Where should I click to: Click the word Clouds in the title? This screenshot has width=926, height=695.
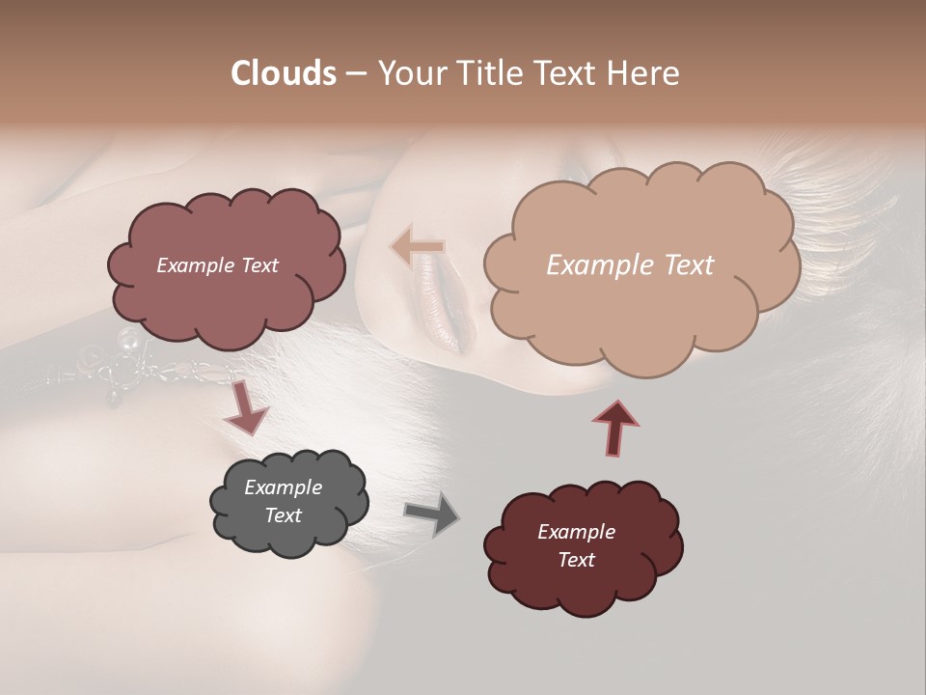pyautogui.click(x=284, y=73)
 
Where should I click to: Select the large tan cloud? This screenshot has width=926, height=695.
pyautogui.click(x=637, y=309)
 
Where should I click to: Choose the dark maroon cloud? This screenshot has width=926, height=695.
pyautogui.click(x=584, y=579)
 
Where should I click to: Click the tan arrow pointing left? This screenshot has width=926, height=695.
pyautogui.click(x=418, y=247)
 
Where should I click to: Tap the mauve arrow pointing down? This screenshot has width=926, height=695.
pyautogui.click(x=245, y=407)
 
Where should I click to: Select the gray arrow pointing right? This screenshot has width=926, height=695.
pyautogui.click(x=432, y=514)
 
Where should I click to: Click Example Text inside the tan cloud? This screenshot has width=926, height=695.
pyautogui.click(x=630, y=265)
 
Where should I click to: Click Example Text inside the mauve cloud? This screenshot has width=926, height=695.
pyautogui.click(x=217, y=265)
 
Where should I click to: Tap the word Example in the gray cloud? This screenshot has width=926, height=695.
pyautogui.click(x=283, y=487)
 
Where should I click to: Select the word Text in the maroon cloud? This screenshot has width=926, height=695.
pyautogui.click(x=576, y=560)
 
